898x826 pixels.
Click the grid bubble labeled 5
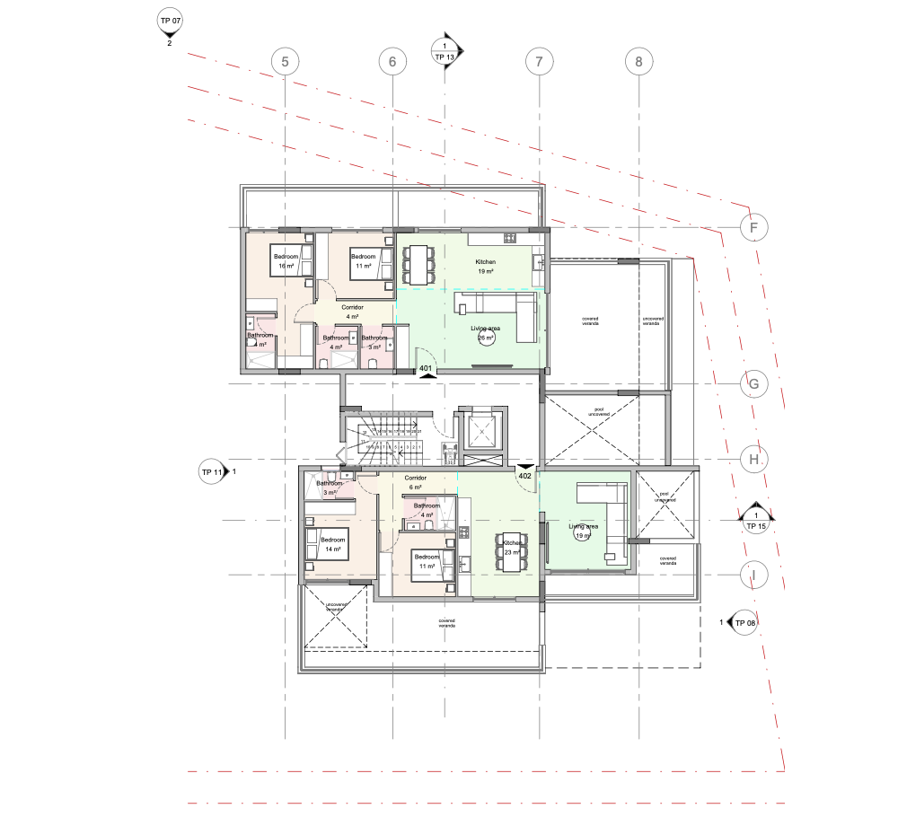[x=285, y=62]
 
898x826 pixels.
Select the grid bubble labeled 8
[x=638, y=62]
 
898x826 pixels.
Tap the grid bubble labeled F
[x=754, y=228]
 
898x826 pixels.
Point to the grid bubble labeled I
[x=754, y=574]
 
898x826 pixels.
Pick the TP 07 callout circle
[x=169, y=21]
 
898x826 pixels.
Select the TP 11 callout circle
[x=212, y=471]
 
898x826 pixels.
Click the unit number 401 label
[x=427, y=369]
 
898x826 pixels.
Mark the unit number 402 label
[x=525, y=476]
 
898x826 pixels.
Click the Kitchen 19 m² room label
[x=486, y=266]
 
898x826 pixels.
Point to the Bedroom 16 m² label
[x=286, y=262]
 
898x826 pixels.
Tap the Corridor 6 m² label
[x=415, y=482]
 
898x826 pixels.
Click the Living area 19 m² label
[x=583, y=531]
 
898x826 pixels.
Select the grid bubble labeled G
[x=754, y=384]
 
